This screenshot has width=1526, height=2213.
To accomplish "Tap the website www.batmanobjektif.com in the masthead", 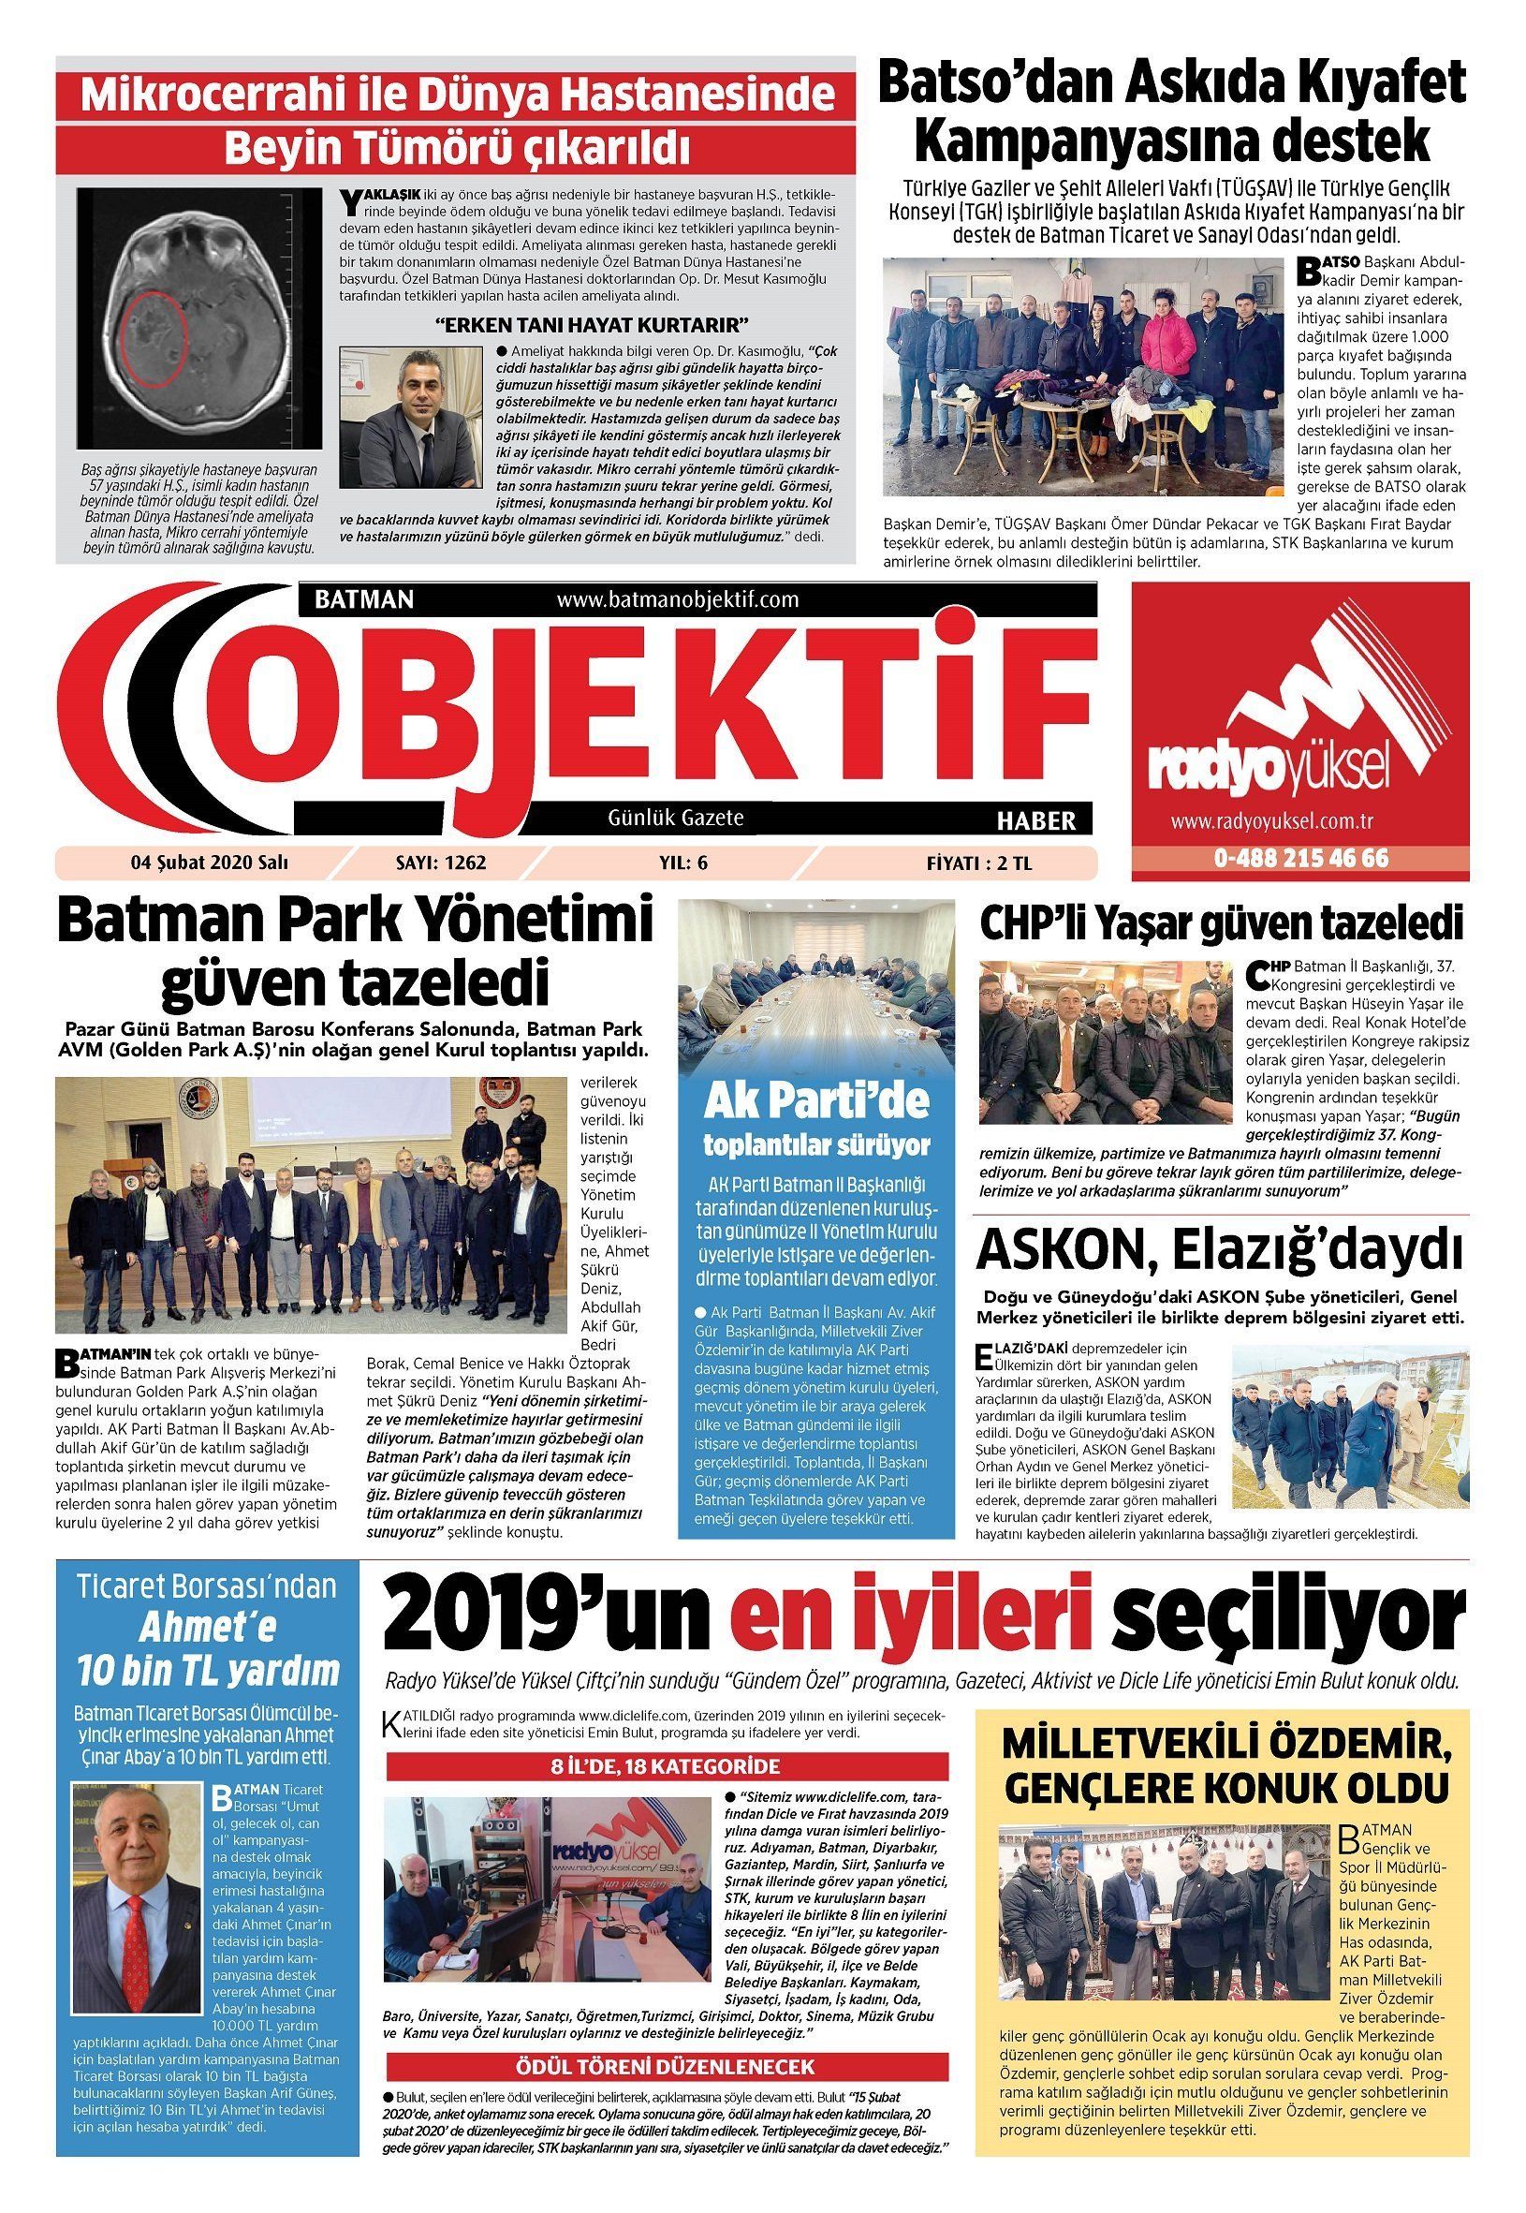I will tap(677, 599).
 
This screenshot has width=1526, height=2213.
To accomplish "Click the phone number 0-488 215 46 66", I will tap(1301, 858).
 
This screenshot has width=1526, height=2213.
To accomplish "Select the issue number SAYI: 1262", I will tap(441, 862).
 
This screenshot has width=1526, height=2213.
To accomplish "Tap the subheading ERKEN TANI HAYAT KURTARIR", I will tap(591, 324).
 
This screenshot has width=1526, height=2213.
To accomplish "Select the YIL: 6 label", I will tap(682, 862).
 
